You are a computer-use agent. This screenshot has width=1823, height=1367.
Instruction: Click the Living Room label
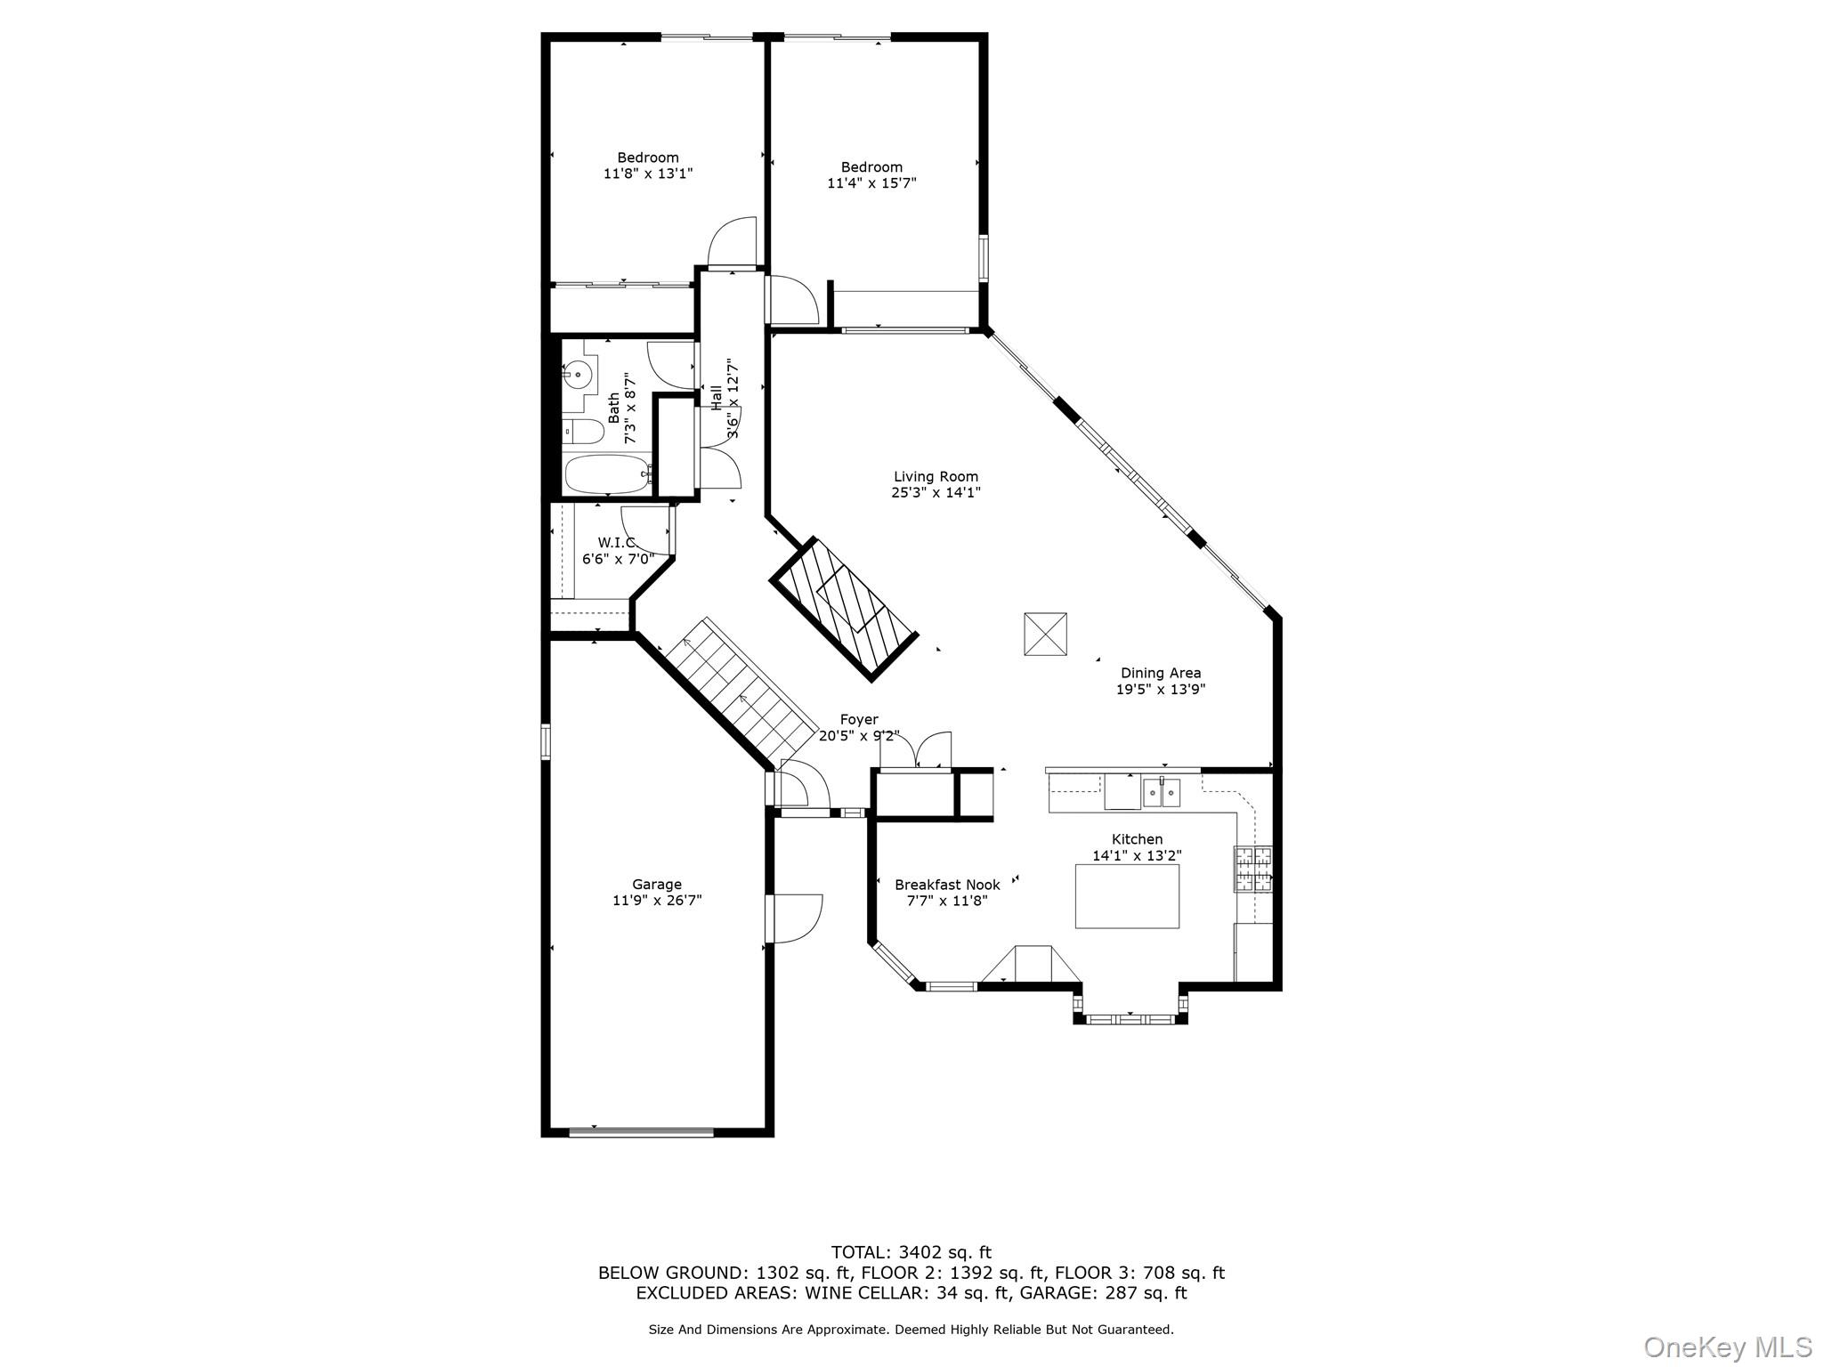coord(936,476)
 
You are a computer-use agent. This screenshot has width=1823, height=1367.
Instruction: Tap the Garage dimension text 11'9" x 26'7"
coord(657,901)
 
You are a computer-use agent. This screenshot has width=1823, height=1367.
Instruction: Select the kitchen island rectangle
coord(1127,895)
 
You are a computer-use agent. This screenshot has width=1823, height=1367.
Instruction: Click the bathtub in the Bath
coord(608,474)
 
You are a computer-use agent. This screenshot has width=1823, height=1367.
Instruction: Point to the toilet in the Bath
coord(583,433)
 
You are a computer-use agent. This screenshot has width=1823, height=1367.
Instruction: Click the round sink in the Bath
coord(579,376)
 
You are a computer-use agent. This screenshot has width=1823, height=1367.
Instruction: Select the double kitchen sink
coord(1162,791)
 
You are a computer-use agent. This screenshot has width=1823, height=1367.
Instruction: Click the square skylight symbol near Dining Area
coord(1045,634)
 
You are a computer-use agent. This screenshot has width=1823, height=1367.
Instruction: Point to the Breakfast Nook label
coord(947,885)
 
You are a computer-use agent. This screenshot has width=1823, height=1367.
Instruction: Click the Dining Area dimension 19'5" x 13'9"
coord(1161,689)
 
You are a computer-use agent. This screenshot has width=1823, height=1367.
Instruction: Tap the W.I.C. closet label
coord(616,542)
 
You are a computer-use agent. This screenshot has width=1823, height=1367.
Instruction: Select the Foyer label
coord(859,719)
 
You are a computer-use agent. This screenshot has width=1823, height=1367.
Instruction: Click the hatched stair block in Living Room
coord(842,609)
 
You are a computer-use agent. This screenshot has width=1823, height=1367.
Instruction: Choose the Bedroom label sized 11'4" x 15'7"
coord(871,167)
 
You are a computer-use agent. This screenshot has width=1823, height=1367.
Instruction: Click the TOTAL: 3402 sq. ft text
coord(911,1253)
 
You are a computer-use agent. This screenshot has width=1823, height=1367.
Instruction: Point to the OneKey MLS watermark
coord(1727,1346)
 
